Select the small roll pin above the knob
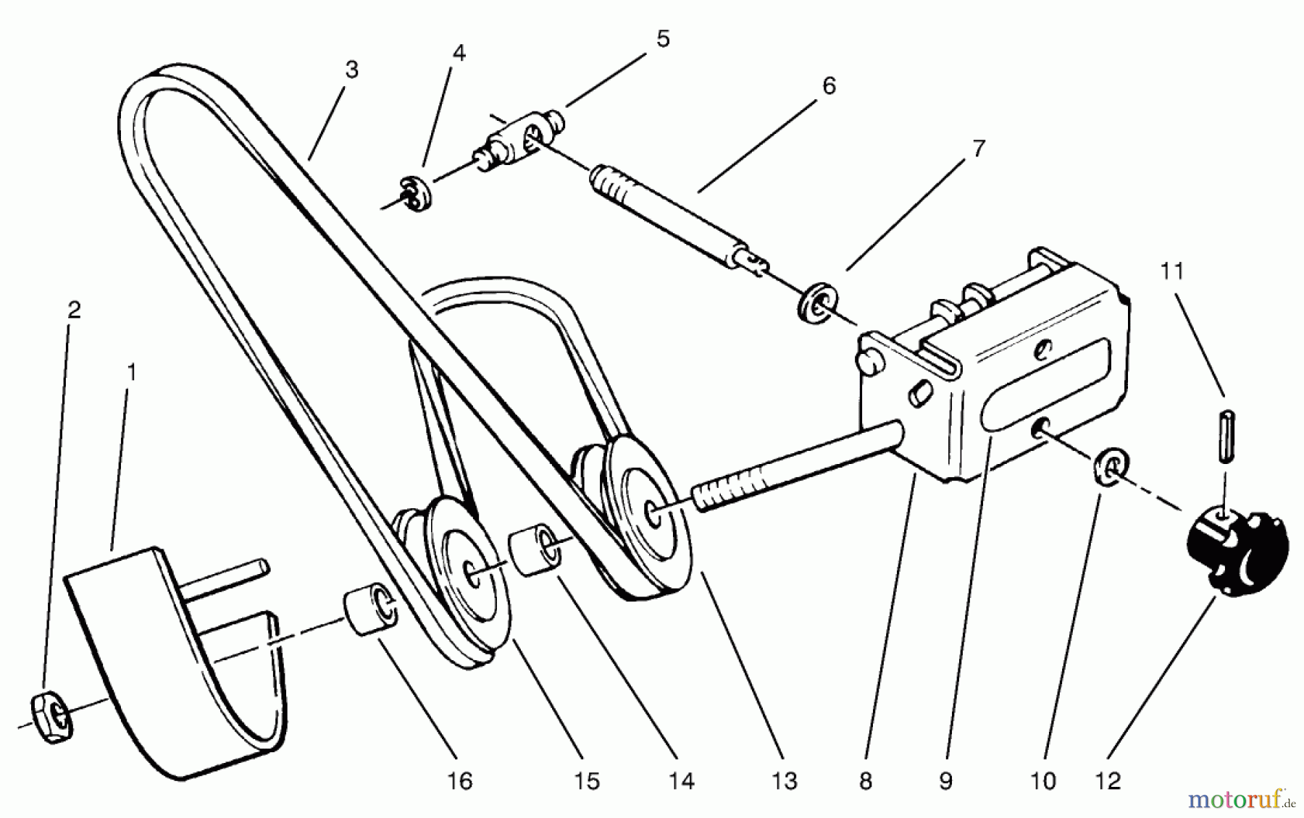pyautogui.click(x=1224, y=434)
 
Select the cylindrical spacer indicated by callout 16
pyautogui.click(x=370, y=612)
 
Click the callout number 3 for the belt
pyautogui.click(x=351, y=70)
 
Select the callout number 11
pyautogui.click(x=1171, y=271)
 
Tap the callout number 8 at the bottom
pyautogui.click(x=865, y=780)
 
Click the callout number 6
pyautogui.click(x=829, y=85)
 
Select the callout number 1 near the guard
pyautogui.click(x=131, y=372)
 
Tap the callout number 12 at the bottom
pyautogui.click(x=1108, y=780)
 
